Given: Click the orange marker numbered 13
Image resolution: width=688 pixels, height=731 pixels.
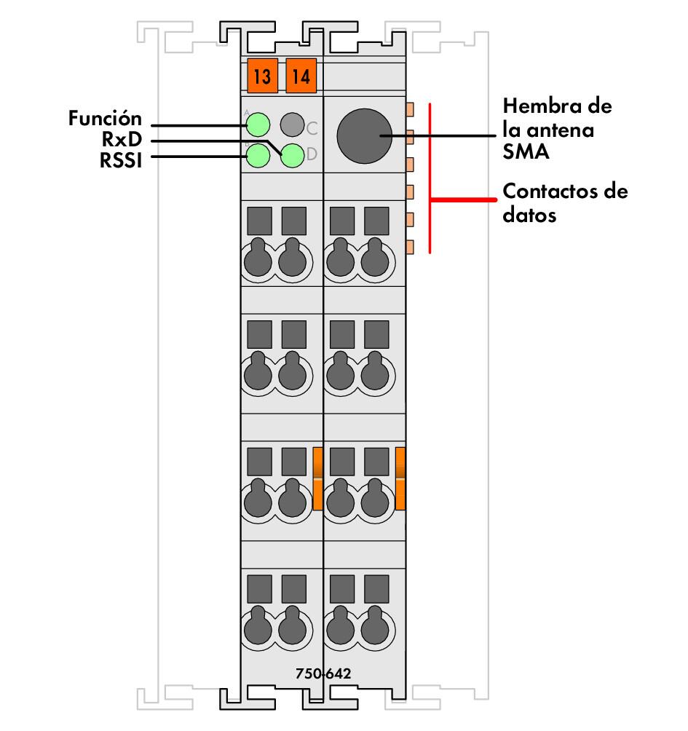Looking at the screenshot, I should point(262,76).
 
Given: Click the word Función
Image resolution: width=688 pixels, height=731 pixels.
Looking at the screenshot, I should point(105,118).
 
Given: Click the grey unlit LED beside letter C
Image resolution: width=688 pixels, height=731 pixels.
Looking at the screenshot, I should point(292,125).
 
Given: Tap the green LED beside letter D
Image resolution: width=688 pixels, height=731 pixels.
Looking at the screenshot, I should point(292,155).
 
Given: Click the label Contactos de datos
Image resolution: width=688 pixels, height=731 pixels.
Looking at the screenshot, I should point(564,204).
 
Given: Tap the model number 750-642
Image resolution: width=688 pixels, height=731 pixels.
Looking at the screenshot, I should point(323,673).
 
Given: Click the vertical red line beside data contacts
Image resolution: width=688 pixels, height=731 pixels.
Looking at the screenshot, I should point(430,178).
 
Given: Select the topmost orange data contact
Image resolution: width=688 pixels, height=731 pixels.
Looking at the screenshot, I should point(409,110).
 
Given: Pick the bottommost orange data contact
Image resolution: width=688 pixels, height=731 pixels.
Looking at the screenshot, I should point(409,247).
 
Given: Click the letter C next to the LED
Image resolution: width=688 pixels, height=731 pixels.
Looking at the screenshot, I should point(312,129).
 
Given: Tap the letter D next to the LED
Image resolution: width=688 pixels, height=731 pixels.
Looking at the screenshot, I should point(312,154).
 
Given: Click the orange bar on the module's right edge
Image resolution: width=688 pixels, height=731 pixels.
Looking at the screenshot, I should point(400,478).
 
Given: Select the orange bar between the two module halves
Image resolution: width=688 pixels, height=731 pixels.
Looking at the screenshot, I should point(317,478).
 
